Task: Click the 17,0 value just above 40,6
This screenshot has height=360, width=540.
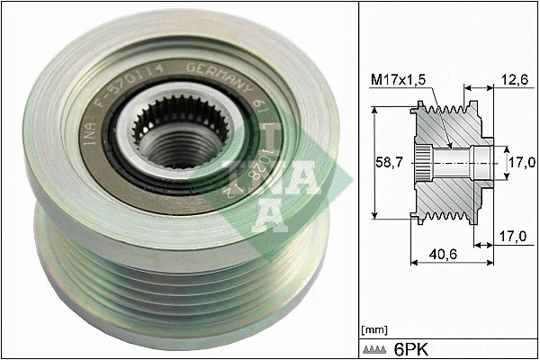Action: (511, 236)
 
